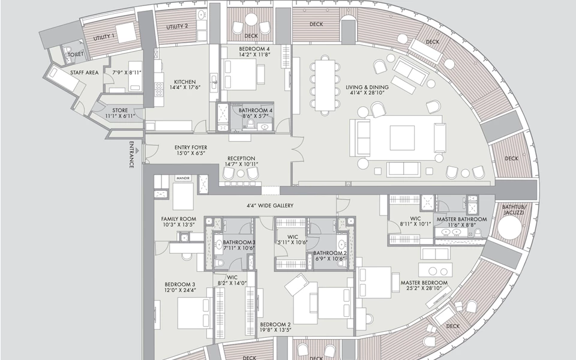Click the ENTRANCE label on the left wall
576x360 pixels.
click(131, 155)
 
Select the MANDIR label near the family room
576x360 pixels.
click(182, 179)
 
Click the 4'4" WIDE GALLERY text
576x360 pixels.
click(269, 206)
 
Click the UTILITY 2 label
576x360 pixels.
click(176, 26)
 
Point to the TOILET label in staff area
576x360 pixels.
click(76, 54)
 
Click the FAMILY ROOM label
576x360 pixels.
click(179, 219)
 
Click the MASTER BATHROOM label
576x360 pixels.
click(461, 220)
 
